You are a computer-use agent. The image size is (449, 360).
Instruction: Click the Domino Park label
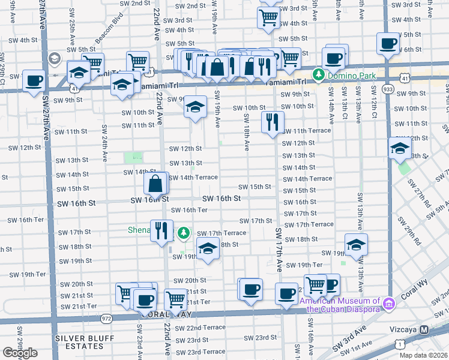pyautogui.click(x=348, y=76)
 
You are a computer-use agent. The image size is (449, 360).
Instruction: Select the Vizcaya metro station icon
pyautogui.click(x=424, y=329)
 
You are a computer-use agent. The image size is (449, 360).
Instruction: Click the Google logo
pyautogui.click(x=20, y=353)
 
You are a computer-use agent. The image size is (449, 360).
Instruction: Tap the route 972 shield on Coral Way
pyautogui.click(x=106, y=319)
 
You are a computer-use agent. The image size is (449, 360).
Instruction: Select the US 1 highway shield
pyautogui.click(x=399, y=344)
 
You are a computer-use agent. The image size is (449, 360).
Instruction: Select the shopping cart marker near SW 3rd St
pyautogui.click(x=268, y=18)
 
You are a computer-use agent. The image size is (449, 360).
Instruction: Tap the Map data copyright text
pyautogui.click(x=423, y=355)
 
